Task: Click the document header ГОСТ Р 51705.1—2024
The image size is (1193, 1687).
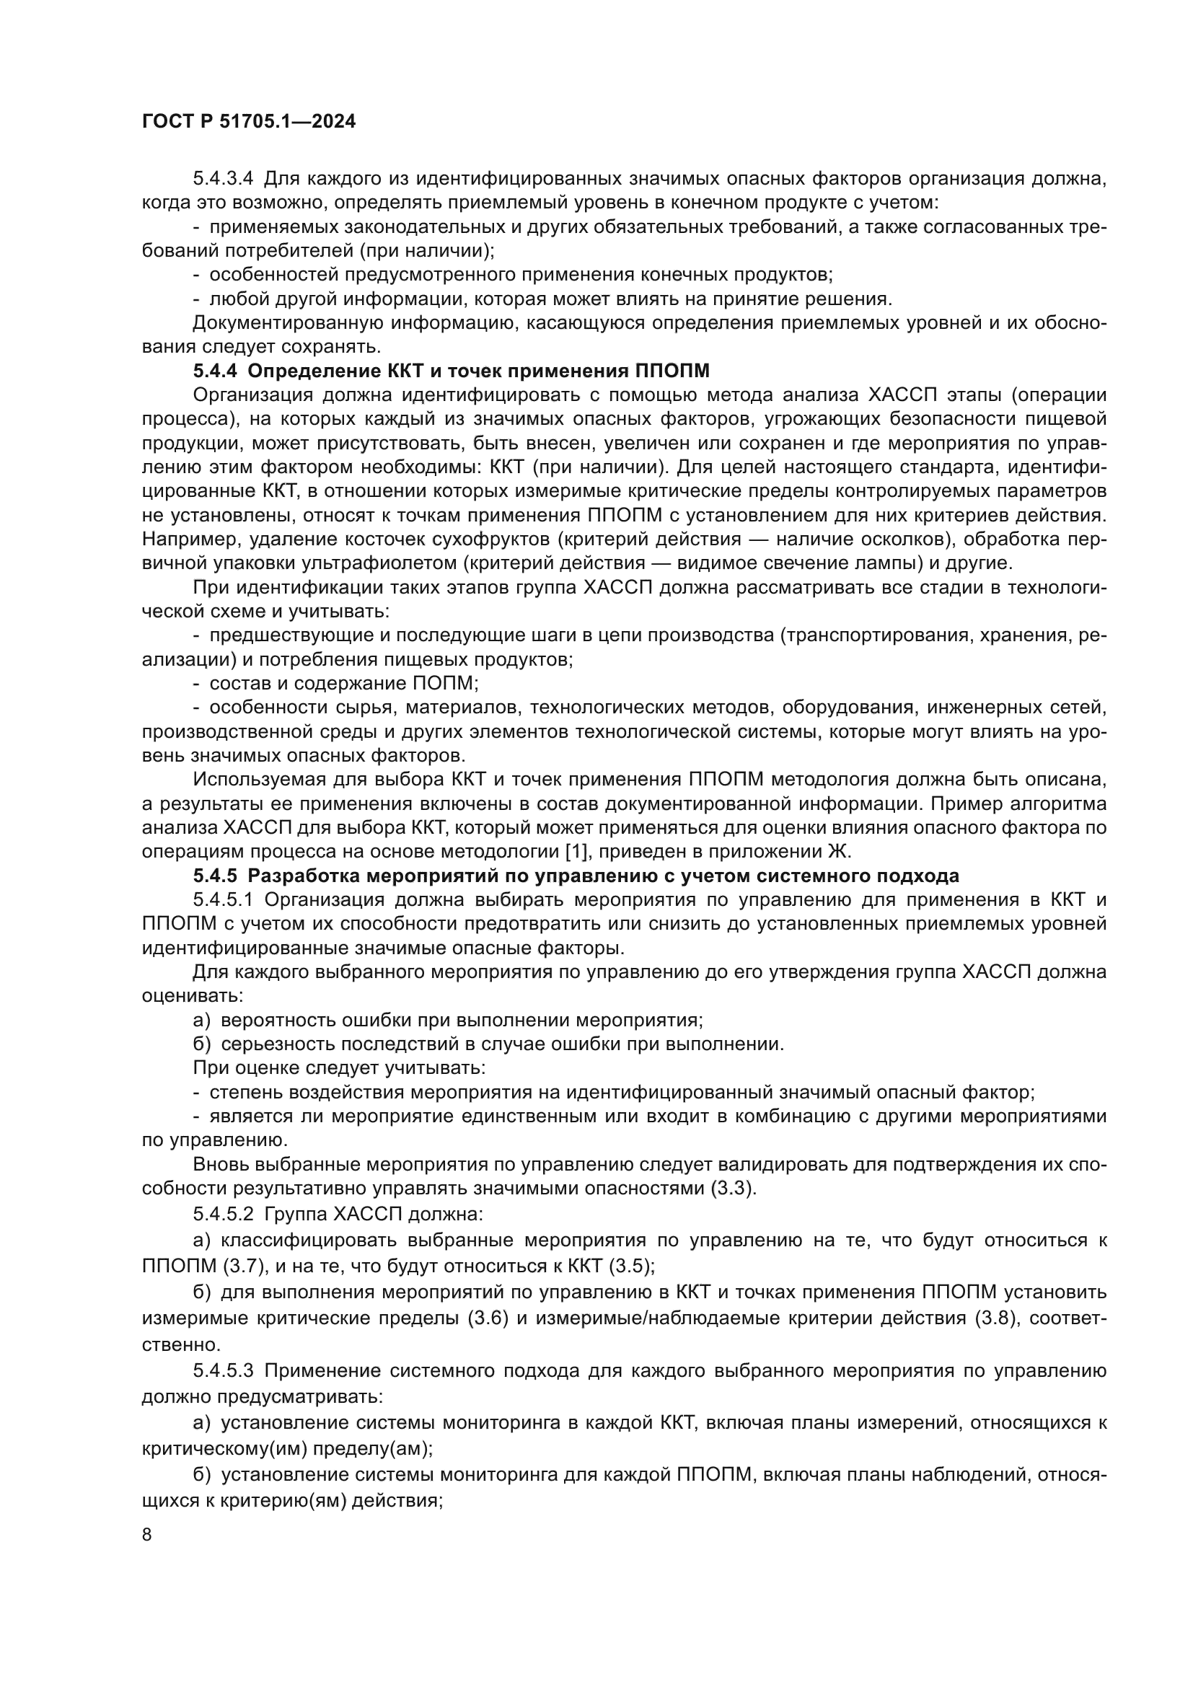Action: (248, 122)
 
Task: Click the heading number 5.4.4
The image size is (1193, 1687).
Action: (215, 371)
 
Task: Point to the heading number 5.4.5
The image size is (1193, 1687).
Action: (215, 876)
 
